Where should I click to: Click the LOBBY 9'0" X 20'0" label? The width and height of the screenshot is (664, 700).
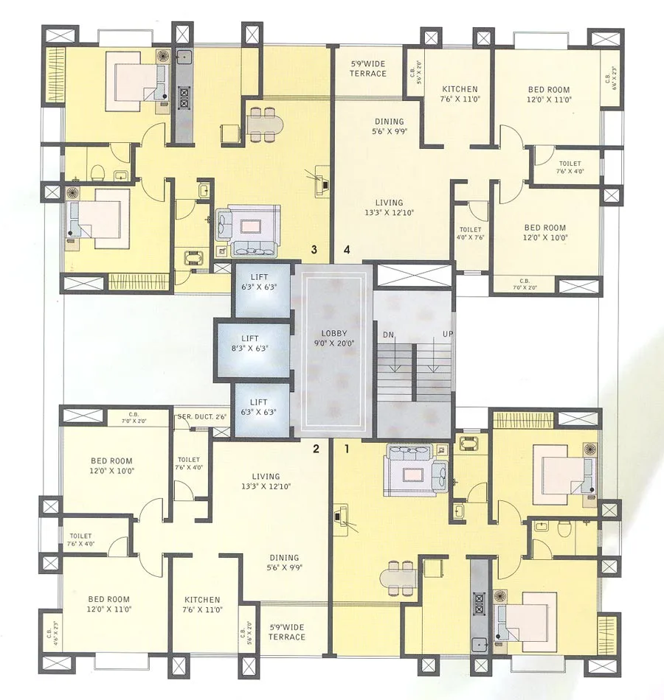pyautogui.click(x=334, y=337)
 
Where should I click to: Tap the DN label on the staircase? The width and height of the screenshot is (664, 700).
pyautogui.click(x=388, y=335)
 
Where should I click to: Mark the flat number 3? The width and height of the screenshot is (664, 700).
pyautogui.click(x=314, y=251)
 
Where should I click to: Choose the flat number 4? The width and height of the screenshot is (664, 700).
pyautogui.click(x=347, y=251)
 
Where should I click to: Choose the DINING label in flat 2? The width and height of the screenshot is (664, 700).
pyautogui.click(x=284, y=562)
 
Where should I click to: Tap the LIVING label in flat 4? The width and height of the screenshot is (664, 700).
pyautogui.click(x=389, y=207)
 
